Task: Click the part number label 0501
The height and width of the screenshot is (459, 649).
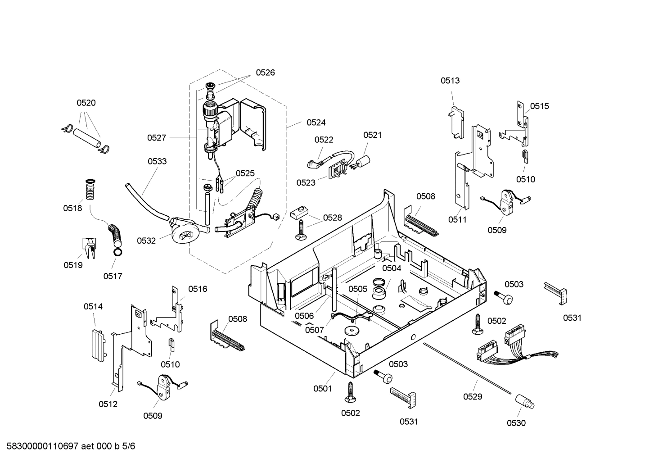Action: point(322,388)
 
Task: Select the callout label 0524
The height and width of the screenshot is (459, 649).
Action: point(316,123)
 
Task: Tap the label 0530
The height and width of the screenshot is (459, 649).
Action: point(516,423)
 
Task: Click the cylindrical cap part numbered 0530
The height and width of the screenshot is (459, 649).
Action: point(524,401)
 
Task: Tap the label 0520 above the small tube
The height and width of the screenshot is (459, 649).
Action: point(86,103)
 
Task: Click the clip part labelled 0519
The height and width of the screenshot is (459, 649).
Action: point(88,248)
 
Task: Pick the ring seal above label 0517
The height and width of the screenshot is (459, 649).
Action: point(117,252)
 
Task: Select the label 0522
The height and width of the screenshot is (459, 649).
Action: point(324,140)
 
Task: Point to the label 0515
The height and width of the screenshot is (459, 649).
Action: point(539,106)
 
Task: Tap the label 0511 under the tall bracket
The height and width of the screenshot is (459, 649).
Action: point(457,220)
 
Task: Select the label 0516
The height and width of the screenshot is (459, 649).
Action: point(198,289)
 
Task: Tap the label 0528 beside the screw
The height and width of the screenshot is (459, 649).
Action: point(332,218)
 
